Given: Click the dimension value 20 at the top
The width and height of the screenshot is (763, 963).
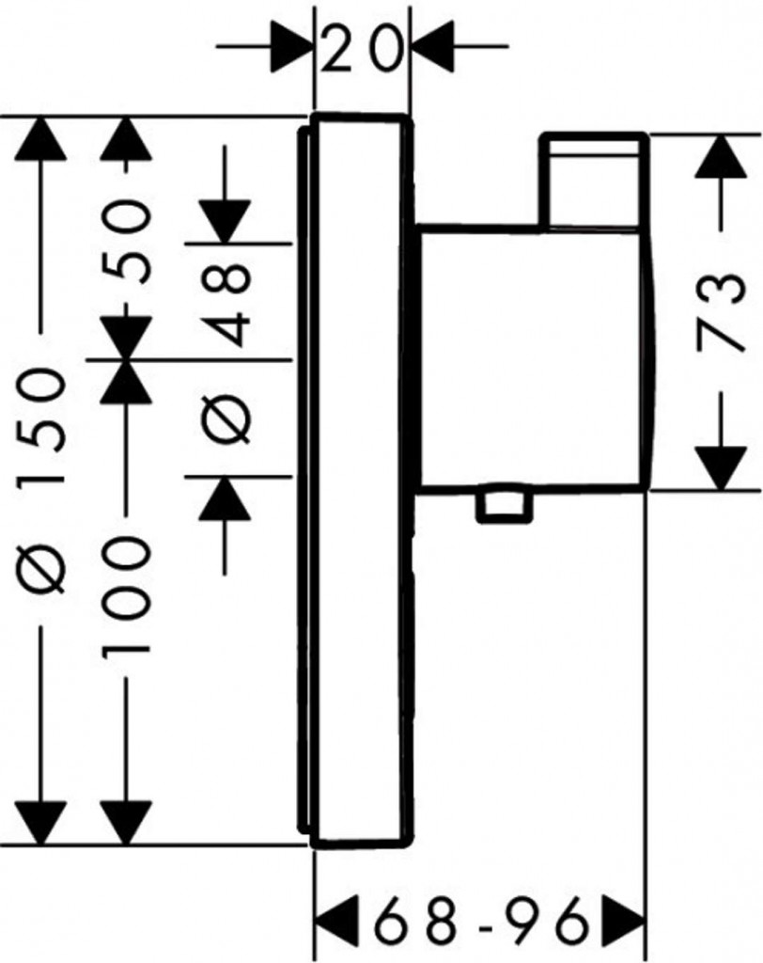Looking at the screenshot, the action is [x=361, y=48].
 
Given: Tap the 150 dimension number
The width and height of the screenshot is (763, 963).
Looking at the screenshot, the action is [x=41, y=427].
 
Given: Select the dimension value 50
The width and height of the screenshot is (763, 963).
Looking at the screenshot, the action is [x=126, y=244].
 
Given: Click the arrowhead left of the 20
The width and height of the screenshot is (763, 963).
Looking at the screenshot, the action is [x=292, y=46].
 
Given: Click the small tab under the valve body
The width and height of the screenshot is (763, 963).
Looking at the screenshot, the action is [x=503, y=508].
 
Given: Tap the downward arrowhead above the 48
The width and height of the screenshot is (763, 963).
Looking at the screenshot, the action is [x=225, y=222].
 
